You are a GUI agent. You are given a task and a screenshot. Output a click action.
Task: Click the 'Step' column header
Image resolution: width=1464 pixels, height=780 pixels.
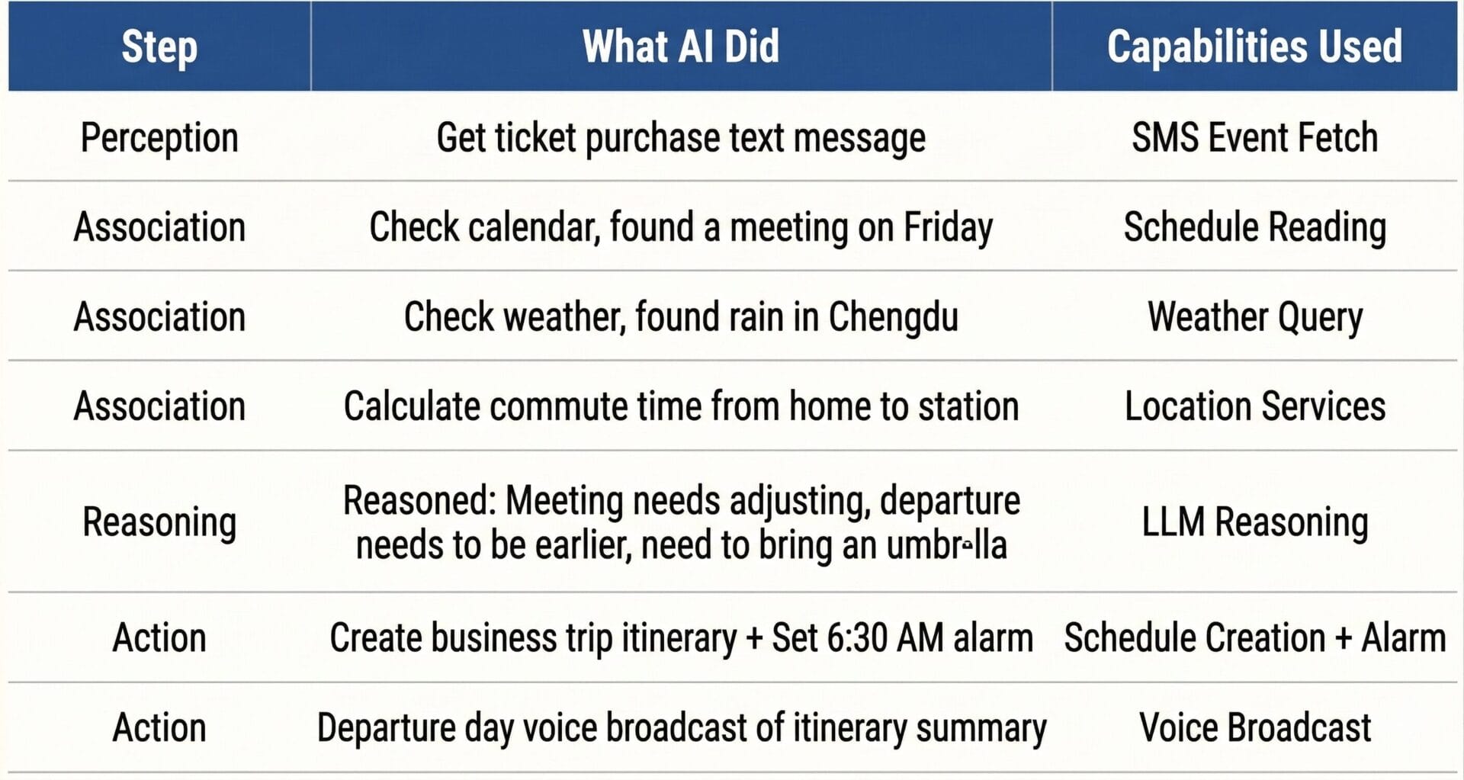[159, 47]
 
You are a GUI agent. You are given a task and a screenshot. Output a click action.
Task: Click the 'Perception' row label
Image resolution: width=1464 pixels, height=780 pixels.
[159, 138]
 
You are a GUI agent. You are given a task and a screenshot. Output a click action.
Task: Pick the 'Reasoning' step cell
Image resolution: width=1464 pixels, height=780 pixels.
[159, 522]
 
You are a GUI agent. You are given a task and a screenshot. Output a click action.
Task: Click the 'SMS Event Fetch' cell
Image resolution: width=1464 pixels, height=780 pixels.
[1254, 137]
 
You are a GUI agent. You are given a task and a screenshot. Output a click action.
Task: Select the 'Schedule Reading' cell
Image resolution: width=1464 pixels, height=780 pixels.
[1254, 227]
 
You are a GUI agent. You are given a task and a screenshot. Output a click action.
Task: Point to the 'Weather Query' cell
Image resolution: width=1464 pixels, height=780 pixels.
[1254, 317]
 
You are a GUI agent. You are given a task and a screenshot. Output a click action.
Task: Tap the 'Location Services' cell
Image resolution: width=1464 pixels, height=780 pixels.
[1254, 406]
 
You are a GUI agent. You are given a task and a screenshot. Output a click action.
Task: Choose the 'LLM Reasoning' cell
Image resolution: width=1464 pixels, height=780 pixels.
[1254, 522]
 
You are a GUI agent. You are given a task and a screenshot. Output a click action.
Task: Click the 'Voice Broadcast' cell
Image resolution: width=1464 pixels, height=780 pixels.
[1254, 727]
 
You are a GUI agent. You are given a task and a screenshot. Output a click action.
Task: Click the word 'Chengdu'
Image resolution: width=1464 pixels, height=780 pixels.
[893, 317]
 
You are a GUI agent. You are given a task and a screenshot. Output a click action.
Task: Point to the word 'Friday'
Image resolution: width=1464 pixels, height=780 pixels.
[948, 228]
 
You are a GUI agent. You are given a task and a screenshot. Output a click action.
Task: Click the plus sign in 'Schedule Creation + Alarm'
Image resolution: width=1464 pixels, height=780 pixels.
[1344, 638]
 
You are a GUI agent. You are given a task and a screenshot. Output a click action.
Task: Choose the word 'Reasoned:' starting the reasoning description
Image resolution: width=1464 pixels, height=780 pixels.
[419, 501]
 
